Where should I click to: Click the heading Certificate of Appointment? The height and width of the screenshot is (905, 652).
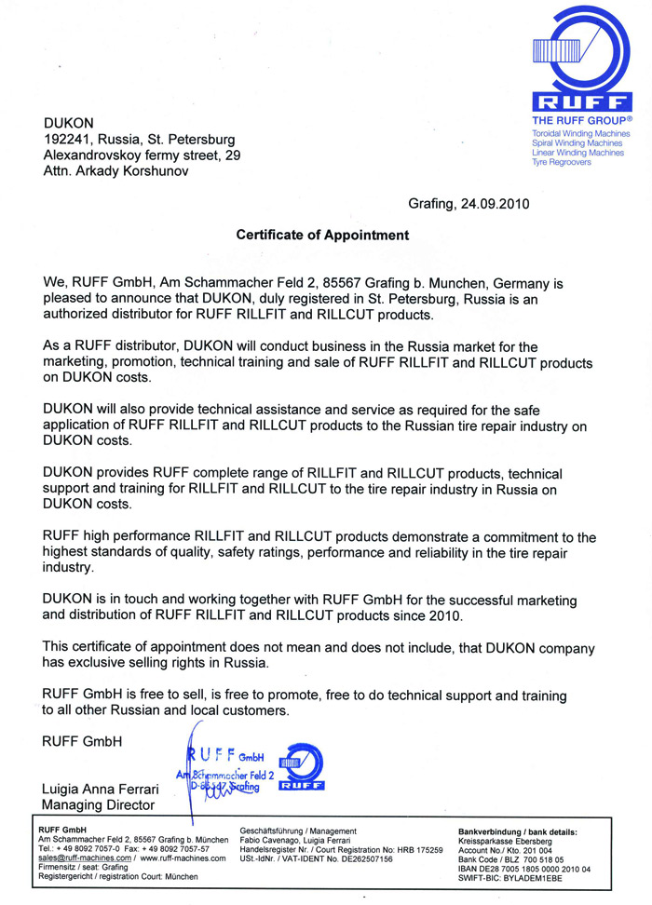point(322,236)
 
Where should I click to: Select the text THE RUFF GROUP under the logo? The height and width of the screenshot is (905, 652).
point(581,122)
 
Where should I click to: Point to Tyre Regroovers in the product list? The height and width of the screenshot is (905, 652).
point(561,162)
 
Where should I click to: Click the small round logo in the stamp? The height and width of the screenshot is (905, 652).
point(301,764)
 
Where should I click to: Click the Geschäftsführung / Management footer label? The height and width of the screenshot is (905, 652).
point(298,831)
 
